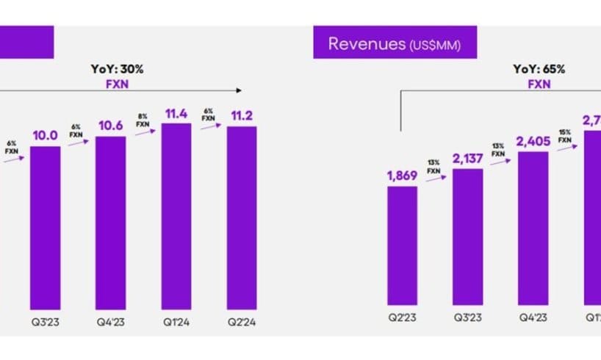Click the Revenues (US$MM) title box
pyautogui.click(x=395, y=43)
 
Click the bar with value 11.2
pyautogui.click(x=242, y=217)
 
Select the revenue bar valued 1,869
pyautogui.click(x=402, y=245)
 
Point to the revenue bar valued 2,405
pyautogui.click(x=533, y=228)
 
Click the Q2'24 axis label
pyautogui.click(x=242, y=320)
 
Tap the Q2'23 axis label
pyautogui.click(x=402, y=317)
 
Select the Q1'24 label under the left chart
pyautogui.click(x=176, y=320)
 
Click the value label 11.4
pyautogui.click(x=176, y=112)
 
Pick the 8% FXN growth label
pyautogui.click(x=143, y=120)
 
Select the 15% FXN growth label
pyautogui.click(x=564, y=136)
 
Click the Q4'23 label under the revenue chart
pyautogui.click(x=533, y=317)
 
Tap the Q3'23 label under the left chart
pyautogui.click(x=46, y=320)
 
